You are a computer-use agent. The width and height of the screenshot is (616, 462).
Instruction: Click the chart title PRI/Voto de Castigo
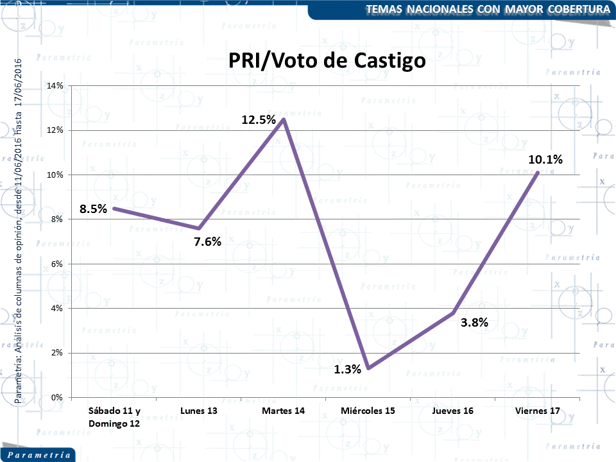click(x=327, y=61)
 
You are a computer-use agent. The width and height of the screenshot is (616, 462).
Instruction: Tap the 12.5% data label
click(x=259, y=119)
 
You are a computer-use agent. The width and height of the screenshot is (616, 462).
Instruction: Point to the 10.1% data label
click(x=545, y=160)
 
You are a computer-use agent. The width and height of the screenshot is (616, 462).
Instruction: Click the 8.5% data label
click(x=93, y=209)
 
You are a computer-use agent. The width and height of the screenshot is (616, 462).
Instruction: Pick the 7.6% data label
click(x=207, y=241)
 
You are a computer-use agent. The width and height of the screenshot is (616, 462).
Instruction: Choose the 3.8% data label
click(x=475, y=323)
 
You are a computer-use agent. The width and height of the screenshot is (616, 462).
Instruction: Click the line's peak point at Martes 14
click(x=283, y=119)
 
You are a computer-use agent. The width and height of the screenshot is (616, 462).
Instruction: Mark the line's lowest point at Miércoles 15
click(x=368, y=368)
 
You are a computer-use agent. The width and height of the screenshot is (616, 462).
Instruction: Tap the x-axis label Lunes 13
click(x=199, y=411)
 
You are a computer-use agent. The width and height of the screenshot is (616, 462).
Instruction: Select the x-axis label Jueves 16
click(x=453, y=411)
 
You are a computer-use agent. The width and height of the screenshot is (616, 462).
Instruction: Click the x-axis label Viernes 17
click(x=538, y=411)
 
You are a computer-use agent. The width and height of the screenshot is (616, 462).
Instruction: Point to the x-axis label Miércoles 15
click(x=368, y=411)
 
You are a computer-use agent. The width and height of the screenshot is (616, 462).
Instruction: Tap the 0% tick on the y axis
click(x=57, y=397)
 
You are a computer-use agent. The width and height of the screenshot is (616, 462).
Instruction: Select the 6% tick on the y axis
click(x=57, y=264)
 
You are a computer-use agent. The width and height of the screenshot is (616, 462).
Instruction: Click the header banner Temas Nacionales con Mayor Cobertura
click(x=488, y=9)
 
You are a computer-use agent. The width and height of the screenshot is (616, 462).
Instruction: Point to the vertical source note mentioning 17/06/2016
click(x=19, y=231)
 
